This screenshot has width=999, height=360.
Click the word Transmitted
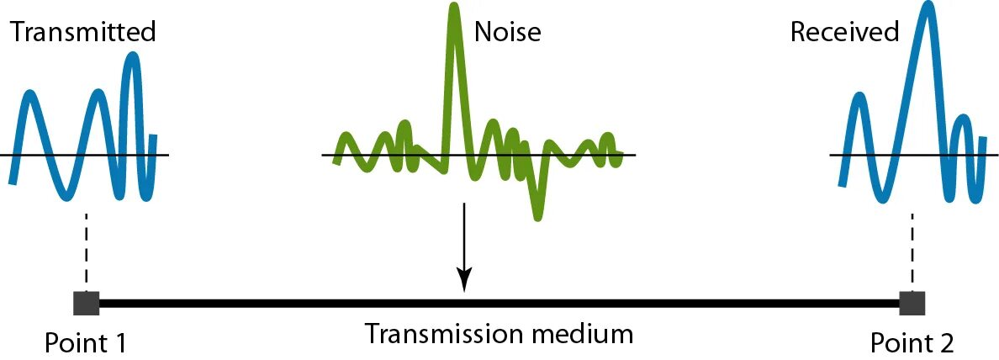pos(83,33)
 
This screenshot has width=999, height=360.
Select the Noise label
pos(507,33)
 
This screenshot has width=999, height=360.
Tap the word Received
pos(844,33)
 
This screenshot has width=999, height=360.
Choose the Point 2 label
pos(912,342)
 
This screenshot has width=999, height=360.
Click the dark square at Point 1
pos(86,303)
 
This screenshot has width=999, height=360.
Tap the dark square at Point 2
pos(912,303)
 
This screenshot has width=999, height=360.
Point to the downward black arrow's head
pos(464,283)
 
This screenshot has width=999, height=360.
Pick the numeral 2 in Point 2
pos(947,342)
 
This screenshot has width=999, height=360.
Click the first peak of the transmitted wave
pos(30,95)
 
